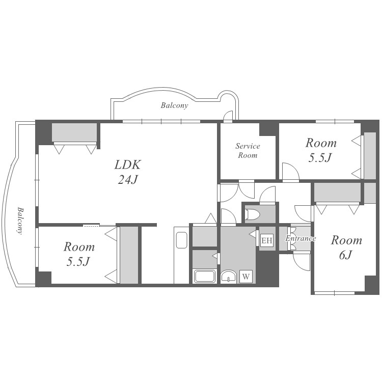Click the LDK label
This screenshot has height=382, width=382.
pyautogui.click(x=127, y=165)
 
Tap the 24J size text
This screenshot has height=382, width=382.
pyautogui.click(x=128, y=180)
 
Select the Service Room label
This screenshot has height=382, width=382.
pyautogui.click(x=248, y=151)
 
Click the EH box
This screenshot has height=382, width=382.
pyautogui.click(x=267, y=240)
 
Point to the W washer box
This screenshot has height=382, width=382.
pyautogui.click(x=246, y=277)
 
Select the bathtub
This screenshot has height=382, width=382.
pyautogui.click(x=204, y=276)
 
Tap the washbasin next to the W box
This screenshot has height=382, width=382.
pyautogui.click(x=229, y=276)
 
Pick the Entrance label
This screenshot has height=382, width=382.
pyautogui.click(x=301, y=238)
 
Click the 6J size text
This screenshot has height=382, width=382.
pyautogui.click(x=345, y=255)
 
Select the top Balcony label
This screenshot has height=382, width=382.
pyautogui.click(x=174, y=105)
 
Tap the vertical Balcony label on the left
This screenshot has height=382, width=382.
pyautogui.click(x=20, y=221)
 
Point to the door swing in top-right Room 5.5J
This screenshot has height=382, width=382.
pyautogui.click(x=290, y=172)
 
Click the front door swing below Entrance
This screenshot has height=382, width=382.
pyautogui.click(x=302, y=262)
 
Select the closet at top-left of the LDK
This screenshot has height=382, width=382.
pyautogui.click(x=74, y=132)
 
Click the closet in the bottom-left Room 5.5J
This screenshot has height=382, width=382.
pyautogui.click(x=129, y=255)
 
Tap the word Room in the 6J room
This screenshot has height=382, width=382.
pyautogui.click(x=346, y=240)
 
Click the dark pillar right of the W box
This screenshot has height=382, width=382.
pyautogui.click(x=267, y=268)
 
